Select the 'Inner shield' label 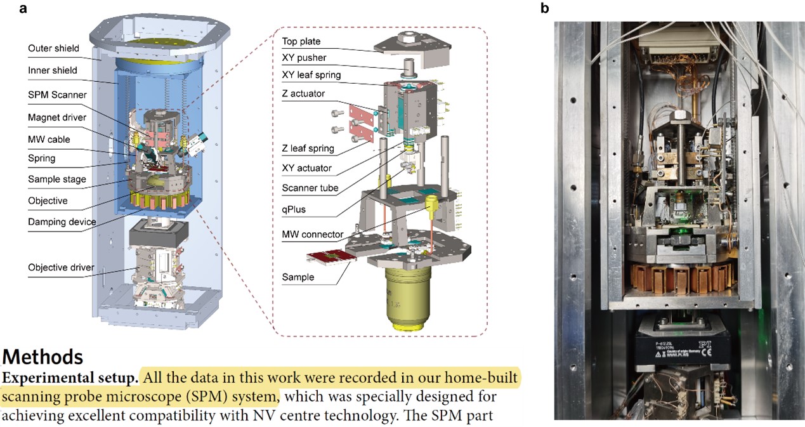52,70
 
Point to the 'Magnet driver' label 57,117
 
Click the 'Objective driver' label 61,267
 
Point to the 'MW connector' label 312,235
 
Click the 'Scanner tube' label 310,188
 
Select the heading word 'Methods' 43,357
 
